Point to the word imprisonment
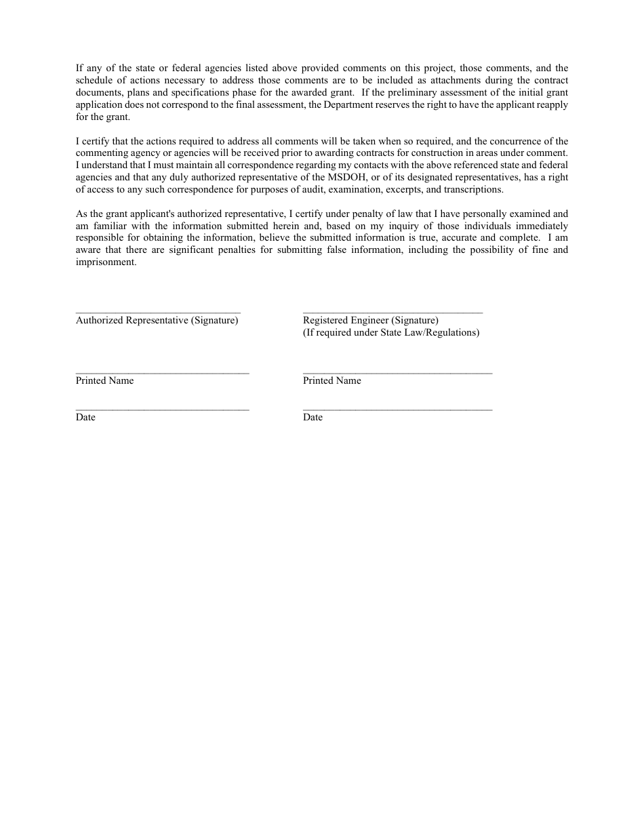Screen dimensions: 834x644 (106, 262)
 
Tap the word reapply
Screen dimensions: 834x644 (551, 104)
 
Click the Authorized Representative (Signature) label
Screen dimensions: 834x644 (157, 320)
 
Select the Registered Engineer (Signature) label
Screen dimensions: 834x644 (370, 320)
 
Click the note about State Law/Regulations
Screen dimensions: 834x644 (390, 332)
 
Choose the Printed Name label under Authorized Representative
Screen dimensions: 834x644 (104, 380)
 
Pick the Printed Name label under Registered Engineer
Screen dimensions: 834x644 (331, 380)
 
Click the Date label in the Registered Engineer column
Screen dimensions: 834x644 (313, 417)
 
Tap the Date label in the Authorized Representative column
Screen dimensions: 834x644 (85, 417)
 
